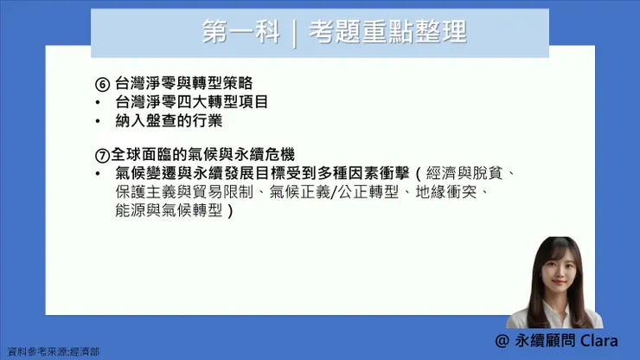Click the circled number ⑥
click(103, 86)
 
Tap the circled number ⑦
click(102, 155)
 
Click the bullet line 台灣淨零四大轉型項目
click(191, 102)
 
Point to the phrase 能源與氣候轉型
click(169, 210)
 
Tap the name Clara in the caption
click(599, 341)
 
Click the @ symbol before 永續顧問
click(502, 341)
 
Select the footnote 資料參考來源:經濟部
click(54, 352)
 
